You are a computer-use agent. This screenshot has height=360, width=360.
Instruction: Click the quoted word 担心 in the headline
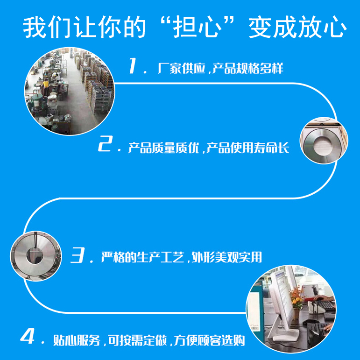(x=197, y=27)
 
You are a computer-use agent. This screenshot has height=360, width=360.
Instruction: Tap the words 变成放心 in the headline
(x=297, y=27)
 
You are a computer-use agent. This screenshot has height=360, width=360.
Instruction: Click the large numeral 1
(x=133, y=66)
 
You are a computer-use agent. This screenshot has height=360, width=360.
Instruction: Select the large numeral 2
(x=106, y=143)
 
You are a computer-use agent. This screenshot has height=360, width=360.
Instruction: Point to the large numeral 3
(x=78, y=254)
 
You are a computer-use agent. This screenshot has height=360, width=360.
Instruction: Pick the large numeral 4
(x=28, y=336)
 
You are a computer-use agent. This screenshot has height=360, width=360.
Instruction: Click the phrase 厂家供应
(x=181, y=68)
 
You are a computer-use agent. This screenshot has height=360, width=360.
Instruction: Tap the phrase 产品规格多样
(x=248, y=68)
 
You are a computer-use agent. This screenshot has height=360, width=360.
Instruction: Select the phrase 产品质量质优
(x=163, y=148)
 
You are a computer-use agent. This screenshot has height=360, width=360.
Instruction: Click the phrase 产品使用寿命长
(x=248, y=148)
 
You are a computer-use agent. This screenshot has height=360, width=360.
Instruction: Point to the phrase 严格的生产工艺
(x=142, y=257)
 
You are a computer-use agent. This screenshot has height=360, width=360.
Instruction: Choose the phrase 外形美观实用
(x=226, y=257)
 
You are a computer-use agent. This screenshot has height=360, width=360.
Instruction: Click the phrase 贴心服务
(x=77, y=340)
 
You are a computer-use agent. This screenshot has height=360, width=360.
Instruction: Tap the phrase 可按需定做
(x=137, y=340)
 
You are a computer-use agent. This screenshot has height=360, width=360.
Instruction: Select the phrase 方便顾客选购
(x=209, y=340)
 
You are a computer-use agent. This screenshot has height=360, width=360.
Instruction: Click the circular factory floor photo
(x=69, y=91)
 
